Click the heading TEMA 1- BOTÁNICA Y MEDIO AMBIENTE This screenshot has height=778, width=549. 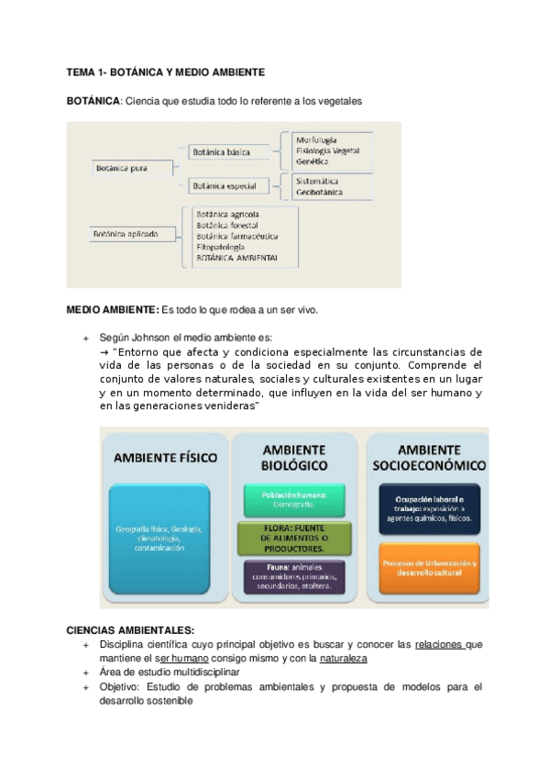[x=166, y=72]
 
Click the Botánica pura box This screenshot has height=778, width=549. [x=122, y=168]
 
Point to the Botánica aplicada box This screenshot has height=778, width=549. [x=126, y=235]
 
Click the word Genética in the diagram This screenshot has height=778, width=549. [x=313, y=161]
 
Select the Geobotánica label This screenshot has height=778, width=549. [x=319, y=193]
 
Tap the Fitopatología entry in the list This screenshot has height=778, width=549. [x=220, y=248]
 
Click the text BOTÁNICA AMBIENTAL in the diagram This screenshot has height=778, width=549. [x=237, y=260]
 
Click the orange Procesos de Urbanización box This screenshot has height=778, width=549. [x=429, y=566]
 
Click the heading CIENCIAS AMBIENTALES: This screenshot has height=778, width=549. [x=130, y=631]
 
